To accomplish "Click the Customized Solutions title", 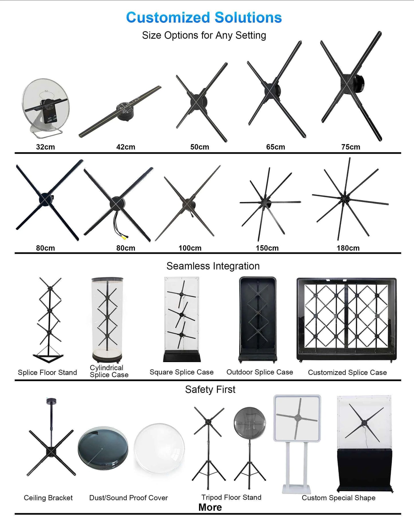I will pos(204,17).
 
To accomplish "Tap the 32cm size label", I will pos(45,147).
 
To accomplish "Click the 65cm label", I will pos(275,147).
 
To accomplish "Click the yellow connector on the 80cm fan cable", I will pos(124,237).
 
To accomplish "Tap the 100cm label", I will pos(190,248).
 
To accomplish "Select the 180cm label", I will pos(348,248).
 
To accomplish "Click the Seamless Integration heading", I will pos(213,266).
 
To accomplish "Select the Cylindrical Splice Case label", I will pos(109,371).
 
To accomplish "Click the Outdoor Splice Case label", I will pos(260,372).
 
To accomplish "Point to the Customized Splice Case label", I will pos(347,372).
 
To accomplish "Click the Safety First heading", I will pos(210,390).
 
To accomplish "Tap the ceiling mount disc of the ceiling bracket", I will pos(51,401).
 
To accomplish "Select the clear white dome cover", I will pos(159,448).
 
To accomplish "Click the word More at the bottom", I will pos(210,507).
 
